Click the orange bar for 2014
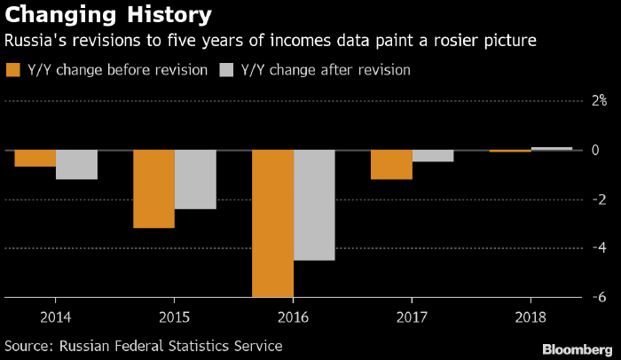coord(35,159)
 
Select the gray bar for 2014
coord(76,165)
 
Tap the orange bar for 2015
coord(153,189)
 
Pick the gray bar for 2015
coord(195,179)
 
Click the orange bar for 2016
coord(272,223)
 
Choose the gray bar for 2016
coord(314,205)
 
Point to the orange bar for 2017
coord(391,165)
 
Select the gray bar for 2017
coord(433,156)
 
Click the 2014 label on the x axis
coord(56,316)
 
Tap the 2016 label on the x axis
coord(294,316)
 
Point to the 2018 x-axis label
coord(531,316)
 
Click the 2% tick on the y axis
coord(599,101)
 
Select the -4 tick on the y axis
coord(600,248)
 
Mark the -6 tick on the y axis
coord(600,297)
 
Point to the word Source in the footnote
coord(28,345)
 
